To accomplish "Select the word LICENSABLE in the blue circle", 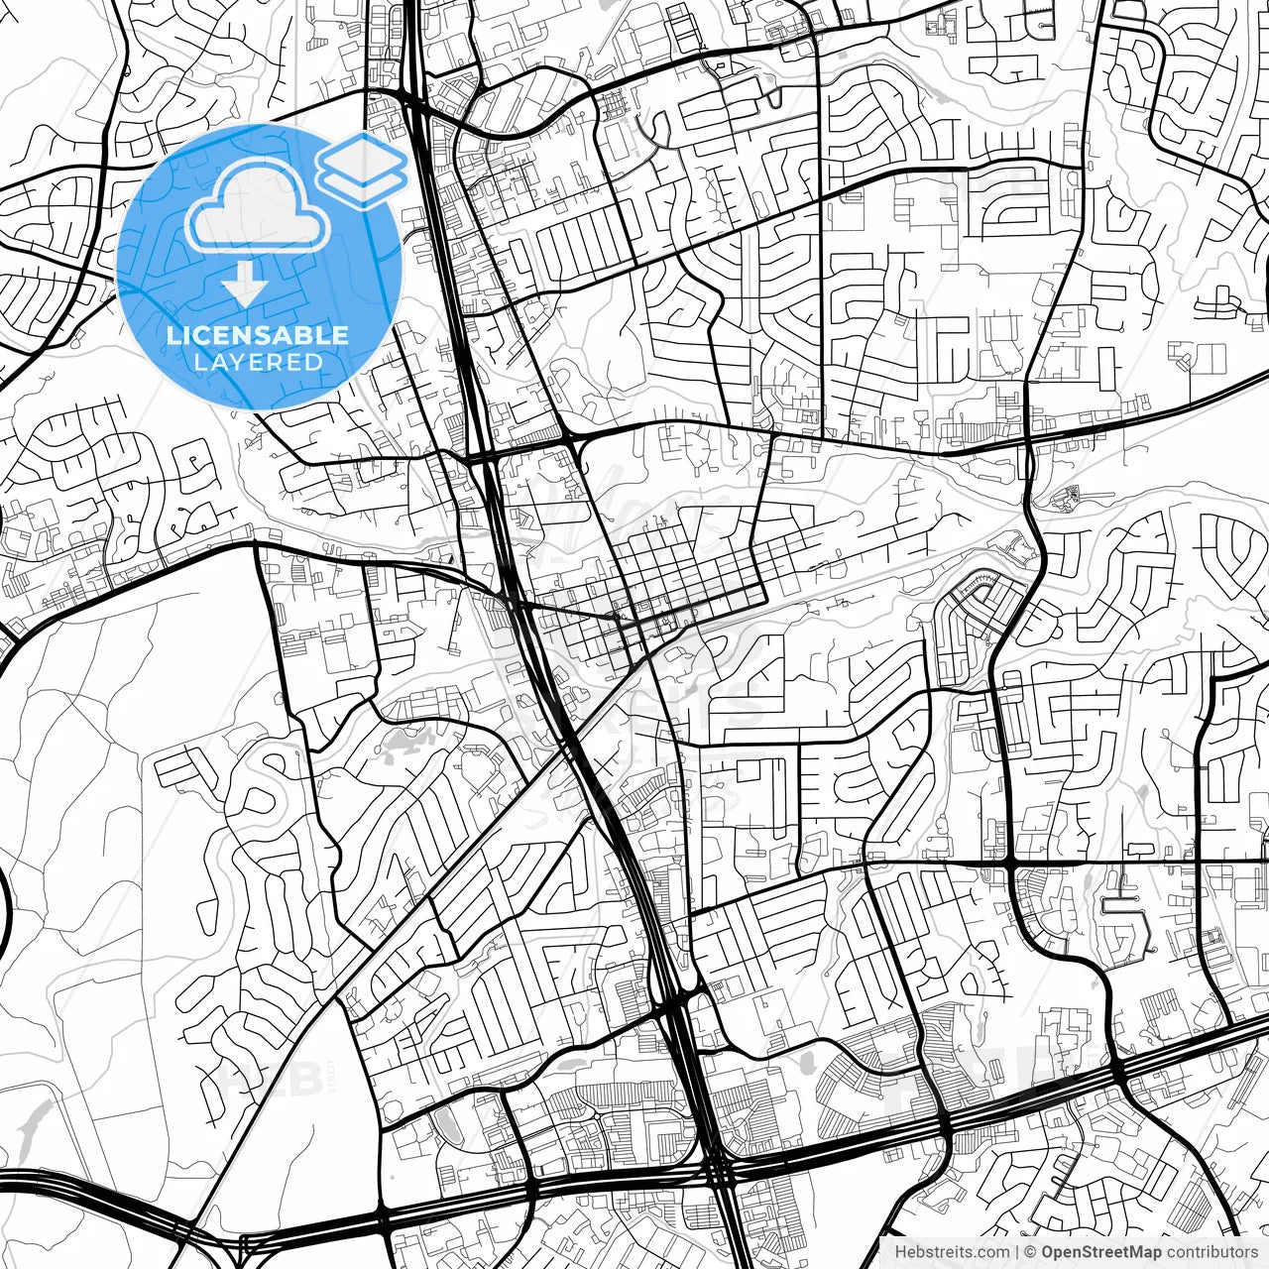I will click(258, 335).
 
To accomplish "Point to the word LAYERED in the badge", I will click(258, 362).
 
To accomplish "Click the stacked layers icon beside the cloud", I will click(361, 169).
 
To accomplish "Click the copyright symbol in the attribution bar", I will click(1031, 1252).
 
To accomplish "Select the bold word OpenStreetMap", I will click(1100, 1252).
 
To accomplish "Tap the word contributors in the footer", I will click(1211, 1252).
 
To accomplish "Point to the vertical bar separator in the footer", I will click(1018, 1252).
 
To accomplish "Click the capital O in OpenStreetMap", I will click(1048, 1252).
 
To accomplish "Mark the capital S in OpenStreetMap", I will click(1087, 1252).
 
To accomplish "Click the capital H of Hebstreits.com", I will click(900, 1252).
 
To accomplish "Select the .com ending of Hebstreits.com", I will click(993, 1252).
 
